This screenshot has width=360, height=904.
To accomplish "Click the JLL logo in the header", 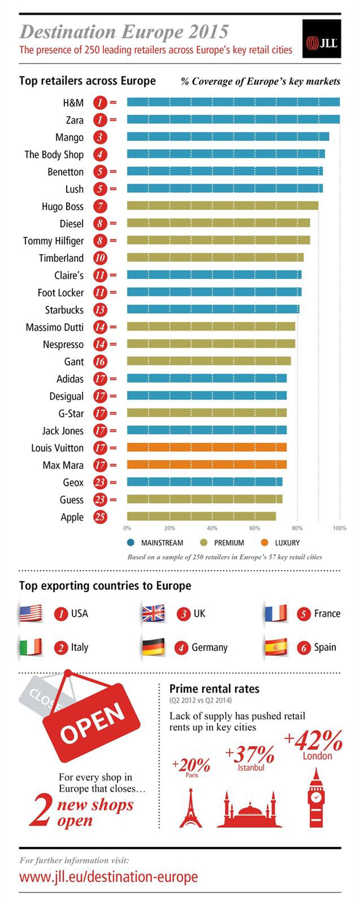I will coord(321,39).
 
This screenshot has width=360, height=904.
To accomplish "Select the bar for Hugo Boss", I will coord(223,206).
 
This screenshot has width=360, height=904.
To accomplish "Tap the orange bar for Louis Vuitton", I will coord(207,447).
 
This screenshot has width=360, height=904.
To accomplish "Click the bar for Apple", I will coord(201,516).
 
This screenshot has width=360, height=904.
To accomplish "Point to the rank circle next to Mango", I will coord(100,137).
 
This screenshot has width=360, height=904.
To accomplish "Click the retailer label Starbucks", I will coord(64,310).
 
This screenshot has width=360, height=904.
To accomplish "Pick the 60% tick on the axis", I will coord(255,528).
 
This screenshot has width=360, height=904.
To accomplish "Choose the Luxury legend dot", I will coord(265,543).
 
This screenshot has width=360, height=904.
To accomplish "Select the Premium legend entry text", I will coord(229,543).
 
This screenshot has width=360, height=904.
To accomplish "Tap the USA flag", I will coord(31,613).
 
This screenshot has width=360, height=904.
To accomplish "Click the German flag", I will coord(153,647).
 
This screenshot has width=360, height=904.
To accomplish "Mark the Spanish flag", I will coord(276,647).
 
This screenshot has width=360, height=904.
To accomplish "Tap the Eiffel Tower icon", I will coord(191,808).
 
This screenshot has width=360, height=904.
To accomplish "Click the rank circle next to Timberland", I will coord(100,258).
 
